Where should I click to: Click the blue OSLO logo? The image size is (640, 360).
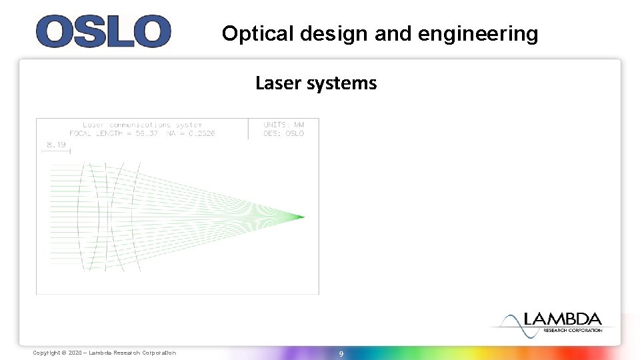coord(103,31)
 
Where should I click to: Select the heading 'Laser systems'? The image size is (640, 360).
coord(316,83)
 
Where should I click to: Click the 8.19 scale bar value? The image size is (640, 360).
coord(55,144)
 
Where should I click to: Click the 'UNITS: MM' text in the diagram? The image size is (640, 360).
coord(284,125)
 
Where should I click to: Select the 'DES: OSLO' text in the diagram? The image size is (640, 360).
coord(284,133)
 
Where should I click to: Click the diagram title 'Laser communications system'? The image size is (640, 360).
coord(141,125)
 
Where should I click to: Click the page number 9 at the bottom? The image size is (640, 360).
coord(341,353)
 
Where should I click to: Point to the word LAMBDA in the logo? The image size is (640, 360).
coord(563,319)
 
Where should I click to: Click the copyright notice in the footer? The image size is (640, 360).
coord(105,353)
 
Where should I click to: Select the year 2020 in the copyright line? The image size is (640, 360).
coord(76,353)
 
